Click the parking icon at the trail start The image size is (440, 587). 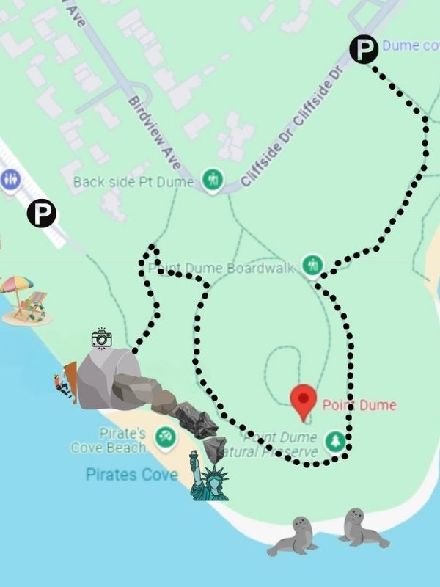pyautogui.click(x=364, y=49)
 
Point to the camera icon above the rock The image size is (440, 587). pyautogui.click(x=101, y=338)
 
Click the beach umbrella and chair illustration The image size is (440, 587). pyautogui.click(x=24, y=301)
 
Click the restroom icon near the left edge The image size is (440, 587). pyautogui.click(x=10, y=180)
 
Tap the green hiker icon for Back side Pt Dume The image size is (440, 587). pyautogui.click(x=212, y=180)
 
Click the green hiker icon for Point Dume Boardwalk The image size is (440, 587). pyautogui.click(x=313, y=264)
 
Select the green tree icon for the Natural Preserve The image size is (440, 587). pyautogui.click(x=335, y=440)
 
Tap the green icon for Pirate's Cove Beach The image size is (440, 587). pyautogui.click(x=166, y=439)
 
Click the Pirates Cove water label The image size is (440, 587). pyautogui.click(x=132, y=475)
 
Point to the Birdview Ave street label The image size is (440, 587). pyautogui.click(x=154, y=132)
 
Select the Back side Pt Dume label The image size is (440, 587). pyautogui.click(x=133, y=181)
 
